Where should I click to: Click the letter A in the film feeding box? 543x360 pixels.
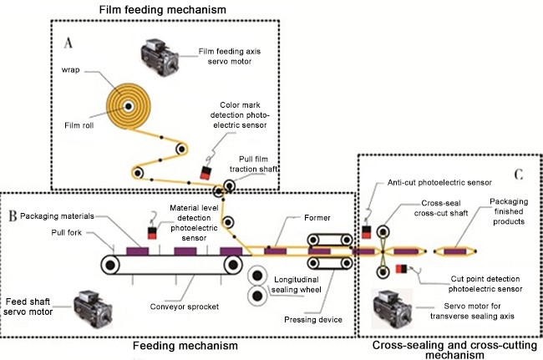point(69,39)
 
